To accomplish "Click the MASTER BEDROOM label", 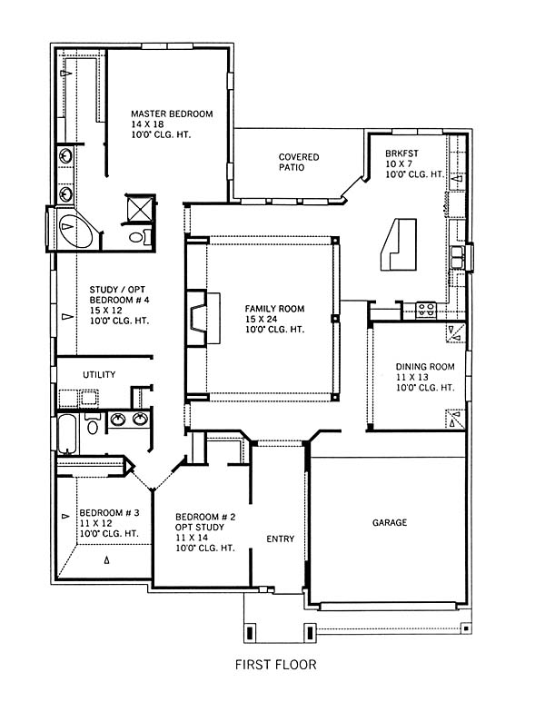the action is click(x=172, y=114).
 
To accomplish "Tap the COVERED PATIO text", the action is click(x=299, y=162).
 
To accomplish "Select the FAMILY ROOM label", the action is click(x=274, y=309).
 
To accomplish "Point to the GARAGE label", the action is click(x=390, y=522).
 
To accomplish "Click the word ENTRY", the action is click(x=281, y=539).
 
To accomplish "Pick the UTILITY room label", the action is click(x=99, y=374).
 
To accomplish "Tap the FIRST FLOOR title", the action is click(x=276, y=665).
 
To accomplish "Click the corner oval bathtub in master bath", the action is click(x=75, y=230).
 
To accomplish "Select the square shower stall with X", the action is click(x=140, y=209).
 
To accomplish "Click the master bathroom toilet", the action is click(x=139, y=236).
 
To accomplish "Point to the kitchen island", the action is click(x=399, y=244).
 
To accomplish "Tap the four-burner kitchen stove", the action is click(x=426, y=310).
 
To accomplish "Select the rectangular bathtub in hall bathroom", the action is click(x=67, y=433).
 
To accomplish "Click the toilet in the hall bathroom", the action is click(x=93, y=423).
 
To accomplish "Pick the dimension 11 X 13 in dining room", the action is click(x=412, y=377).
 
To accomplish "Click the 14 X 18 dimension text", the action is click(x=147, y=124).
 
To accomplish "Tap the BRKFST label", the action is click(x=401, y=153).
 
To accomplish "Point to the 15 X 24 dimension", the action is click(x=261, y=319).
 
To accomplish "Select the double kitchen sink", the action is click(x=457, y=257).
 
